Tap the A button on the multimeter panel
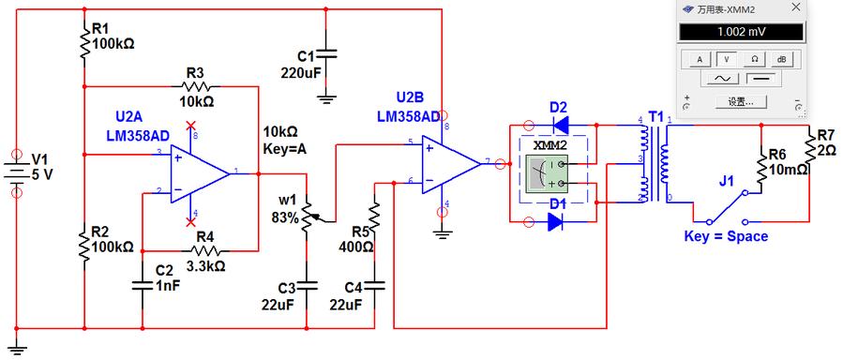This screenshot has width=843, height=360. pyautogui.click(x=699, y=58)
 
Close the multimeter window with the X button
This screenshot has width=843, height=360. pyautogui.click(x=795, y=8)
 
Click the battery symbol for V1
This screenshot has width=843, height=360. pyautogui.click(x=17, y=172)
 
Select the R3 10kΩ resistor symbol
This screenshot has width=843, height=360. pyautogui.click(x=196, y=85)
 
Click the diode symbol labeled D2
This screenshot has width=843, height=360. pyautogui.click(x=560, y=124)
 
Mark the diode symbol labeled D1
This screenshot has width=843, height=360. pyautogui.click(x=558, y=222)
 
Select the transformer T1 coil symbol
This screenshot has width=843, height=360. pyautogui.click(x=655, y=159)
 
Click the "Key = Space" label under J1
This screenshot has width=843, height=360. pyautogui.click(x=725, y=236)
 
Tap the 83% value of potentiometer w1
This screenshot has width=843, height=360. pyautogui.click(x=286, y=217)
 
